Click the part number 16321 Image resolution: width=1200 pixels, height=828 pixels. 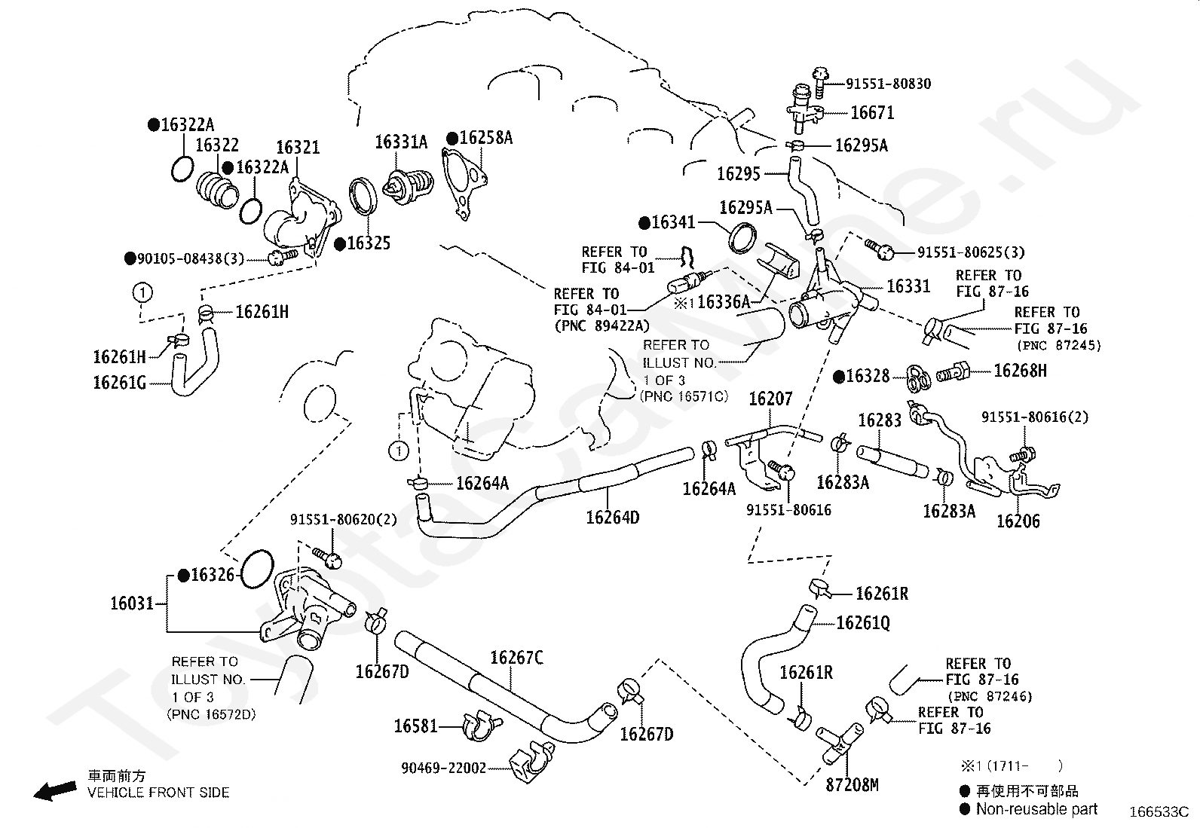pyautogui.click(x=297, y=148)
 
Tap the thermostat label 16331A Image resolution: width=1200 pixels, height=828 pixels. pyautogui.click(x=401, y=142)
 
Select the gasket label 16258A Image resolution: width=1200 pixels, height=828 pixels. pyautogui.click(x=485, y=138)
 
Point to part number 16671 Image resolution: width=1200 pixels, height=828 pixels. pyautogui.click(x=872, y=113)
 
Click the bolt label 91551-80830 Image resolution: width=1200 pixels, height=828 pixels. pyautogui.click(x=887, y=84)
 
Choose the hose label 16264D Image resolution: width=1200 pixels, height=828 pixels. pyautogui.click(x=613, y=518)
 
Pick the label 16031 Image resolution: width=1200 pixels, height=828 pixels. pyautogui.click(x=132, y=603)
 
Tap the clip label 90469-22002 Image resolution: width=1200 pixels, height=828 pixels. pyautogui.click(x=443, y=768)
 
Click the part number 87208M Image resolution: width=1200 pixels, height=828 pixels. pyautogui.click(x=852, y=785)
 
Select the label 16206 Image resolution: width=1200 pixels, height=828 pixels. pyautogui.click(x=1018, y=521)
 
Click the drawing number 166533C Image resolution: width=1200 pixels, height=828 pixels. pyautogui.click(x=1158, y=812)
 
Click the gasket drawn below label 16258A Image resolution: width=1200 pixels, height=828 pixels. pyautogui.click(x=464, y=185)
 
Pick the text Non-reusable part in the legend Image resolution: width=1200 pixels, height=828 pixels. pyautogui.click(x=1036, y=809)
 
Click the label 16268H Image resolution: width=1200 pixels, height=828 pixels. pyautogui.click(x=1020, y=371)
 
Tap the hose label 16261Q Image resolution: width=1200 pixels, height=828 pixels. pyautogui.click(x=862, y=623)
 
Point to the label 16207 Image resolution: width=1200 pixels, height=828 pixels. pyautogui.click(x=770, y=399)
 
